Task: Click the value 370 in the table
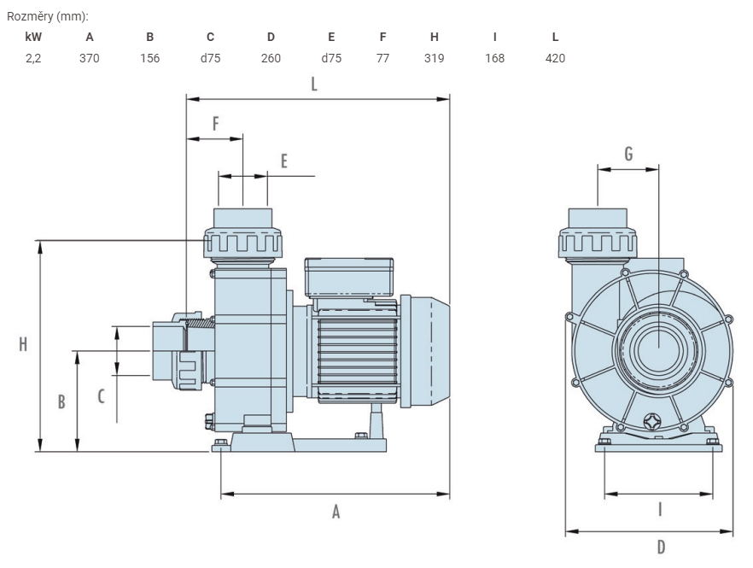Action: (90, 58)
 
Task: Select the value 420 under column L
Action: (555, 58)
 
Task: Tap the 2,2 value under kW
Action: (33, 58)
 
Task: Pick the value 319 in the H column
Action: (434, 58)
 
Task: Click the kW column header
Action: (33, 37)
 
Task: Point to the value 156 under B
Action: (150, 58)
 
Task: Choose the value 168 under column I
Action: (494, 58)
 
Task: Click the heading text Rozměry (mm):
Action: (48, 16)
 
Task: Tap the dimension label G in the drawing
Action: (628, 154)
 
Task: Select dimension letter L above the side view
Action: (314, 84)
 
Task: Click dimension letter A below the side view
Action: (336, 512)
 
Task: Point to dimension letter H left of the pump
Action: (23, 344)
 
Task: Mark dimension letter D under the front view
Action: (662, 547)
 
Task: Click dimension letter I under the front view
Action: (660, 509)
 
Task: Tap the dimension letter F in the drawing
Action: (216, 124)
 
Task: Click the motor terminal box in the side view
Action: (349, 278)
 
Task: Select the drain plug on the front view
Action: (651, 421)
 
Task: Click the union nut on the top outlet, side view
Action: (243, 243)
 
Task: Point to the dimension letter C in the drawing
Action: (101, 396)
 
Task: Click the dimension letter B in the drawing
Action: (61, 401)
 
